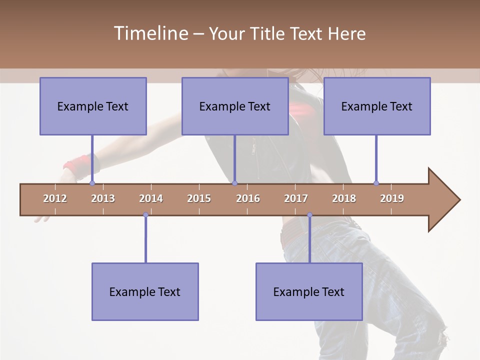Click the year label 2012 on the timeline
(x=55, y=198)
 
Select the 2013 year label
(x=103, y=198)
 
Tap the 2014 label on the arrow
(x=151, y=198)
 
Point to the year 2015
(x=199, y=198)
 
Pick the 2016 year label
(x=248, y=198)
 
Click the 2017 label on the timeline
(x=296, y=198)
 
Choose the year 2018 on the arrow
(x=344, y=198)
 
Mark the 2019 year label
(x=392, y=198)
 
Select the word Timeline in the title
(x=150, y=33)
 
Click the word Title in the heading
(x=270, y=33)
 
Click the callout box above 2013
(x=93, y=106)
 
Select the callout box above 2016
(x=235, y=106)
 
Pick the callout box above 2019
(x=377, y=106)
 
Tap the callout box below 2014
(x=145, y=291)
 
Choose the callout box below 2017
(x=309, y=291)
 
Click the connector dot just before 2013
(x=92, y=183)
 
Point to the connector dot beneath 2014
(x=145, y=214)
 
